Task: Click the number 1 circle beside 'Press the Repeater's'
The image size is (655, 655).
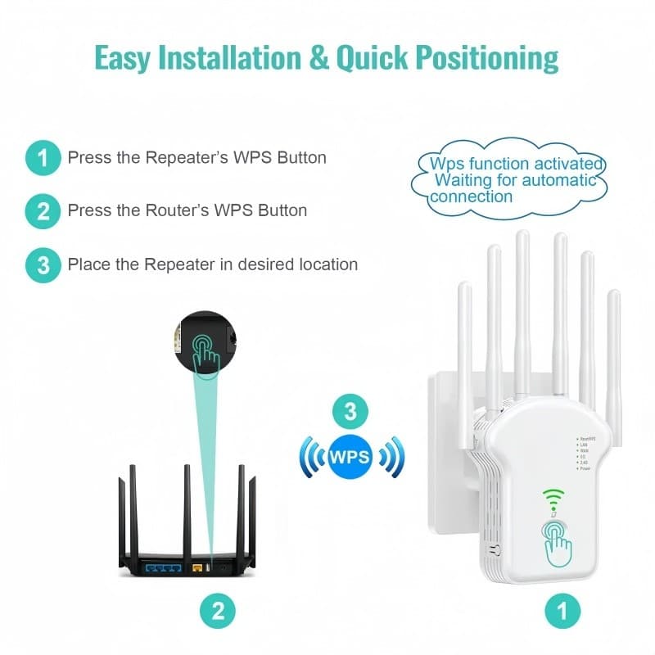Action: coord(43,157)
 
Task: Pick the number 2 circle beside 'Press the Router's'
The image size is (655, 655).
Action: coord(43,211)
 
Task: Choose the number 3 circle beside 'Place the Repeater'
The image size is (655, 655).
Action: coord(43,265)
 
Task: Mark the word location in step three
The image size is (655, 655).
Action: coord(326,264)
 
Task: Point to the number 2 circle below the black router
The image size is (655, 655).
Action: coord(218,610)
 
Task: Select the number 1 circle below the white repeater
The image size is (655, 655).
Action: coord(562,610)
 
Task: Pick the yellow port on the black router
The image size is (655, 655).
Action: coord(196,565)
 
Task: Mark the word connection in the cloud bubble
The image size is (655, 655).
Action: coord(472,196)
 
